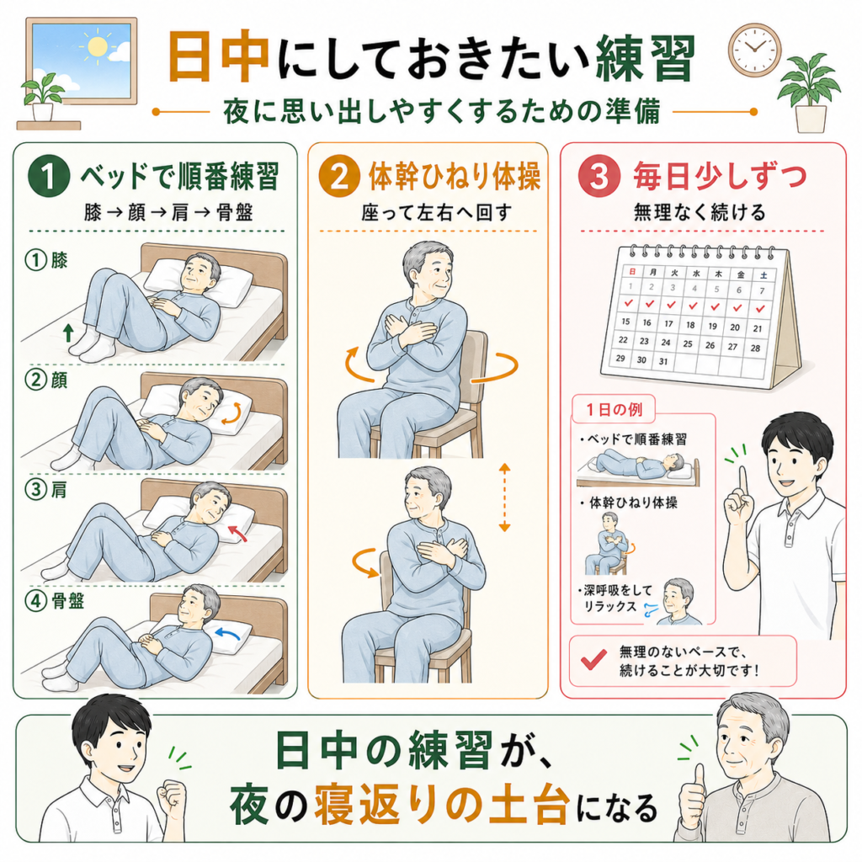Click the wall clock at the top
tap(754, 50)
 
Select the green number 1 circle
tap(49, 177)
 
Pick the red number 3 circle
tap(599, 177)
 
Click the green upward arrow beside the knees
tap(67, 333)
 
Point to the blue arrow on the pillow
tap(227, 633)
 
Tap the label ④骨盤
tap(55, 601)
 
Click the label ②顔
tap(47, 380)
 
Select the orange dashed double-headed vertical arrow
tap(504, 498)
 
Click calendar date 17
tap(668, 324)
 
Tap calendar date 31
tap(663, 361)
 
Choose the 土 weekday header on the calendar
tap(764, 275)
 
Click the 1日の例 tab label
tap(614, 409)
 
